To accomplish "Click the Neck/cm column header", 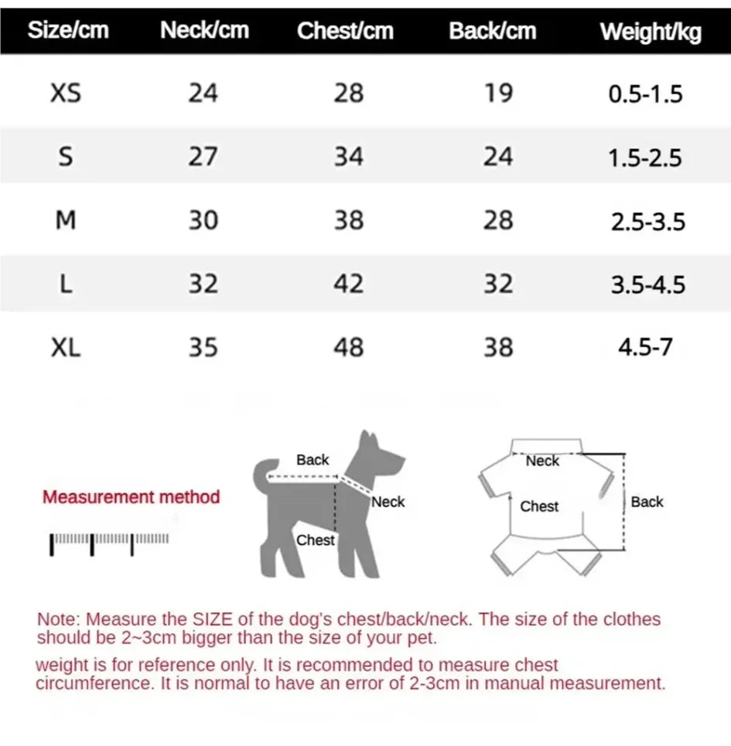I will (204, 30).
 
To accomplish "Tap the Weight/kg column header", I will (651, 32).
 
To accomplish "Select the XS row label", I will (66, 94).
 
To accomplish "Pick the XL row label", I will (66, 347).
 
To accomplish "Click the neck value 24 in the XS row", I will (203, 94).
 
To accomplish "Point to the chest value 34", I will (348, 157).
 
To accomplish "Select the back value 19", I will (498, 94).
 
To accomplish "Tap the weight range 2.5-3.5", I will (647, 222).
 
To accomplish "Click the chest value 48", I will (348, 347).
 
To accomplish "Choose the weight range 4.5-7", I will (645, 347).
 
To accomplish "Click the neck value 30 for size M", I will (203, 221).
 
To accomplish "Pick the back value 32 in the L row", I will (498, 284).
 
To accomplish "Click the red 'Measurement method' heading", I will (131, 497).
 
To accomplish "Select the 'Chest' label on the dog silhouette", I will (316, 540).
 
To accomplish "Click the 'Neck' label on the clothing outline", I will (542, 461).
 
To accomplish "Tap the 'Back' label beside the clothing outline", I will (647, 502).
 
